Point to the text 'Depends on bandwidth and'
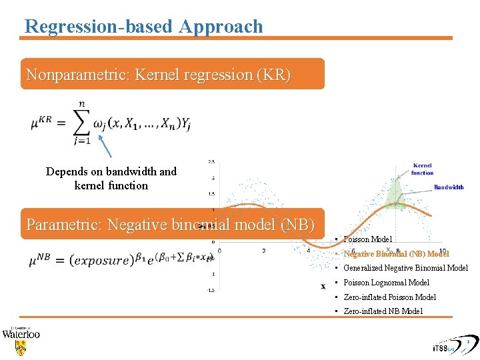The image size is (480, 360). pos(111,171)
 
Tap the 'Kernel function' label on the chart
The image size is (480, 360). pos(422,169)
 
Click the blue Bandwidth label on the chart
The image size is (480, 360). pos(449,187)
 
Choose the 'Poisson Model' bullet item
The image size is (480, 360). pos(367,239)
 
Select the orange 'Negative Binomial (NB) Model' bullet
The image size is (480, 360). pos(396,254)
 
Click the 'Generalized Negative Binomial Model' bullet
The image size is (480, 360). pos(405,268)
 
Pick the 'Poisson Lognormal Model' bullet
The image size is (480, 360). pos(386,283)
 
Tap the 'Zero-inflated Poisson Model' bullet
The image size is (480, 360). pos(389,297)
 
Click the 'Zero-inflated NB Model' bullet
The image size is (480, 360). pos(383,311)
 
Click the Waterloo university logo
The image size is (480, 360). pos(21,340)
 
